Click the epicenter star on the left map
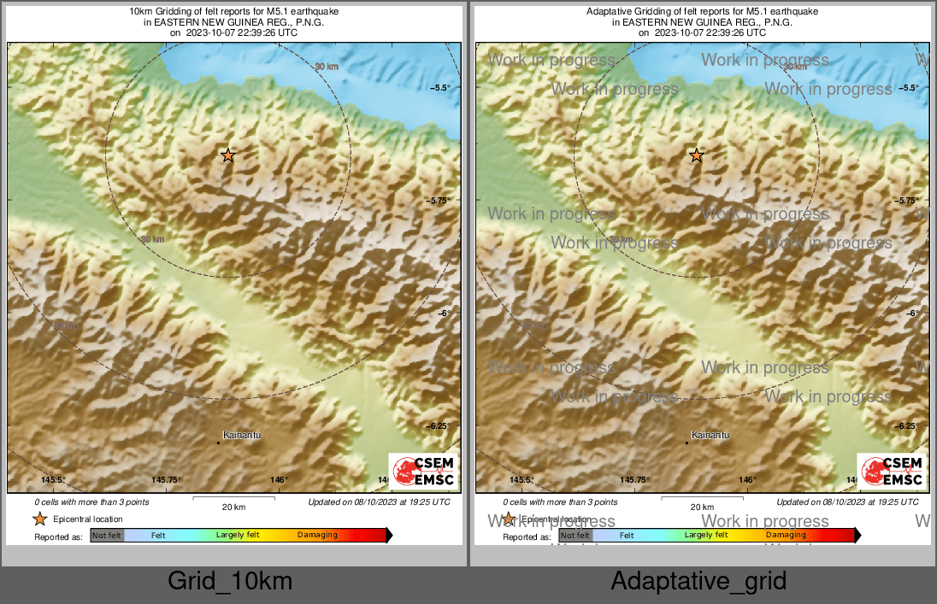(227, 155)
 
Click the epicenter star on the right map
(696, 155)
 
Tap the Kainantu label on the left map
(242, 436)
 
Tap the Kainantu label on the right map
(710, 436)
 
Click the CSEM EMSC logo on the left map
(423, 471)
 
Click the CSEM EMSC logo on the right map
(892, 471)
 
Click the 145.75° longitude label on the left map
(166, 480)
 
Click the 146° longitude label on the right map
(747, 480)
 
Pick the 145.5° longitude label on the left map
(53, 480)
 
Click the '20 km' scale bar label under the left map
(233, 507)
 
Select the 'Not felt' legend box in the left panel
(107, 536)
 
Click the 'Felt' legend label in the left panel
(158, 536)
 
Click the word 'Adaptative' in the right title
(609, 11)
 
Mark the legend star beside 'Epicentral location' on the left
(39, 519)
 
